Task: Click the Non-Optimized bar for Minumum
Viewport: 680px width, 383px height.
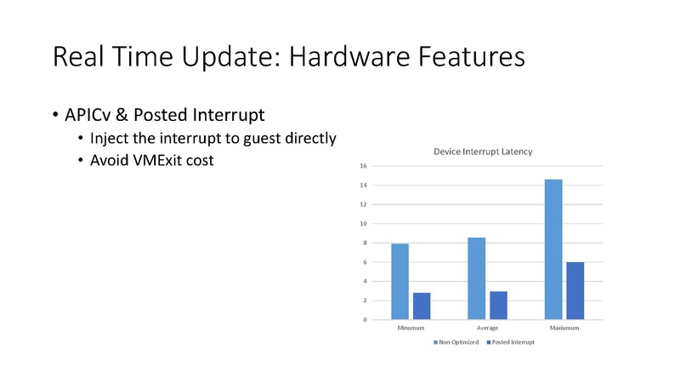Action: click(x=400, y=282)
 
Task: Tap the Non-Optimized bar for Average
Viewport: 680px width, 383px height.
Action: click(x=476, y=278)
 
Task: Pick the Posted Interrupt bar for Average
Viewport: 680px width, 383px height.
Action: click(x=498, y=305)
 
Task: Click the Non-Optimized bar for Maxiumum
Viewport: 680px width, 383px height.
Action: click(x=552, y=249)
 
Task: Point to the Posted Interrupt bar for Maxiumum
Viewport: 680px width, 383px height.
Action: click(x=575, y=290)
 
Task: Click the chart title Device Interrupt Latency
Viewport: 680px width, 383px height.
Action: click(x=483, y=152)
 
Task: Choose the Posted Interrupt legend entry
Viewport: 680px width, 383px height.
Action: click(x=510, y=342)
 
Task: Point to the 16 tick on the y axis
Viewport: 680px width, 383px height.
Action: click(x=363, y=166)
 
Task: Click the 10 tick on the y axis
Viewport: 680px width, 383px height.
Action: click(x=363, y=224)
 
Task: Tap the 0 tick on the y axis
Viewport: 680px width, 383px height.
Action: click(x=365, y=320)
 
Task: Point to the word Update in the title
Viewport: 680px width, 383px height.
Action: click(x=220, y=58)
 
